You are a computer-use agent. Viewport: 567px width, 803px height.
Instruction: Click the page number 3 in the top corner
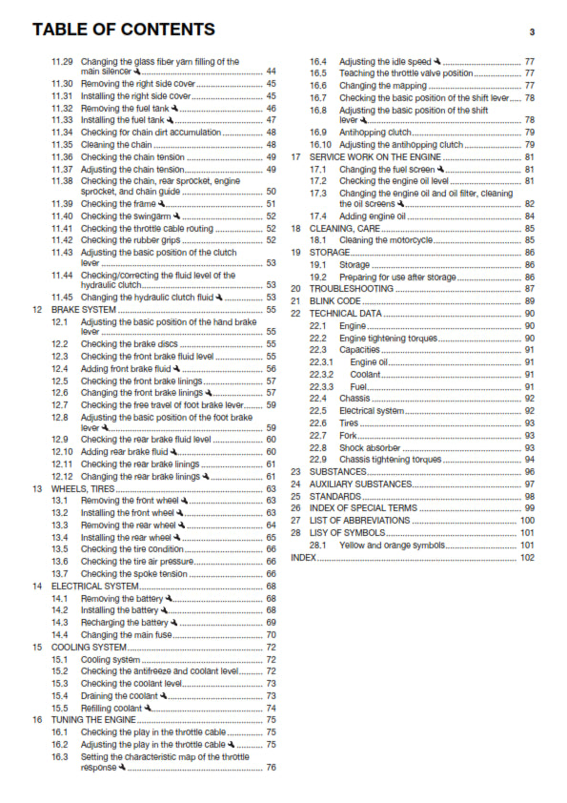(531, 31)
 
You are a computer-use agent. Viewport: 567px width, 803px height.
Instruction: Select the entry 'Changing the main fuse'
(126, 634)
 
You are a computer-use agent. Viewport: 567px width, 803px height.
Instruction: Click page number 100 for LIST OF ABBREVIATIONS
(527, 521)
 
